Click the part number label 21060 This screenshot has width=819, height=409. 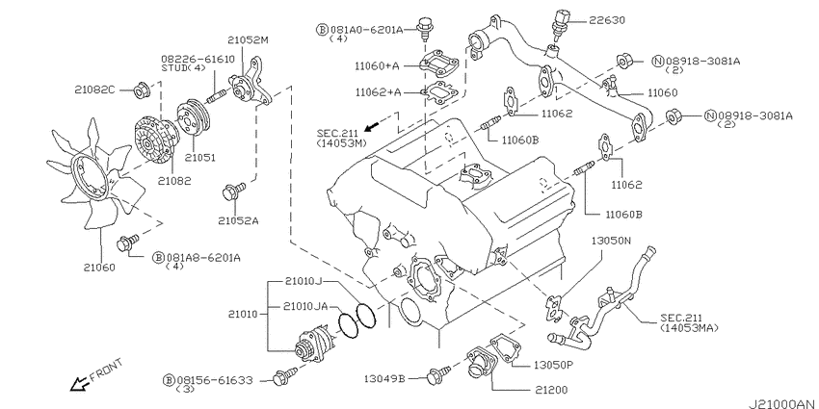tap(99, 268)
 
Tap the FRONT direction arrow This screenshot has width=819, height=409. tap(79, 384)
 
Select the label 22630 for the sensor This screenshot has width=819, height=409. tap(607, 20)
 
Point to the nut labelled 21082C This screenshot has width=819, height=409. tap(141, 90)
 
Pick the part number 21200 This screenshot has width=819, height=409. tap(550, 390)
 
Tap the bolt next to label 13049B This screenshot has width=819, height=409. tap(437, 374)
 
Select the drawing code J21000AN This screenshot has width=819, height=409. tap(783, 404)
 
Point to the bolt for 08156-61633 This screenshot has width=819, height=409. tap(284, 375)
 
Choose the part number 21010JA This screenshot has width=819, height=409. tap(306, 306)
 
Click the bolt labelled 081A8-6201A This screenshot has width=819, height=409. tap(128, 243)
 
